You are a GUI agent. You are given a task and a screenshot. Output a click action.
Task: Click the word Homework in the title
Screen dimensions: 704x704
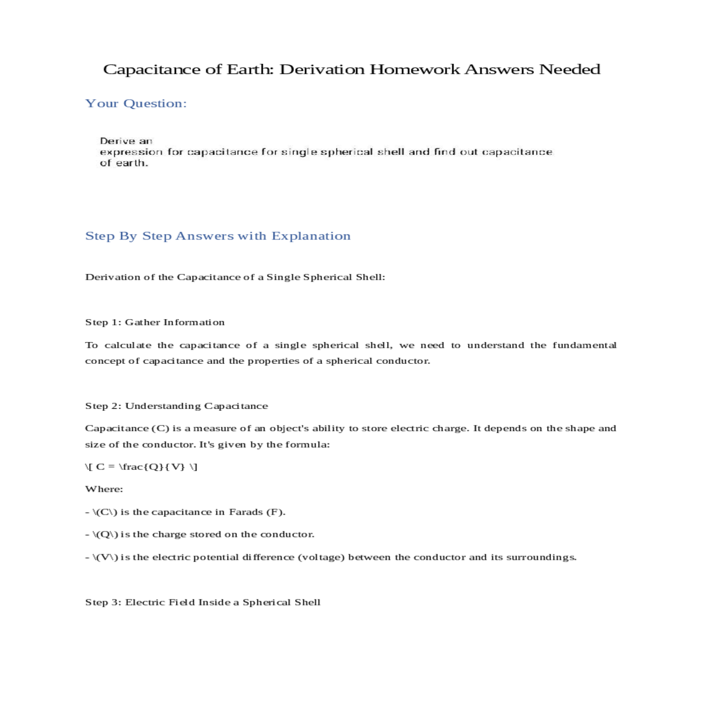[x=414, y=69]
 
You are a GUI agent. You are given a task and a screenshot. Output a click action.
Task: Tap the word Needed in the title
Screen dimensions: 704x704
[x=570, y=69]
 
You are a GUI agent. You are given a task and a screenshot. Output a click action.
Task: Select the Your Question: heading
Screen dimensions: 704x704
[x=136, y=104]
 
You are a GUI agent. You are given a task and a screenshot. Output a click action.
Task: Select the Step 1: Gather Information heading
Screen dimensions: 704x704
[x=155, y=322]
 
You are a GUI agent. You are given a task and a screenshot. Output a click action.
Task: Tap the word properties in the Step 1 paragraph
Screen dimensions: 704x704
[x=273, y=361]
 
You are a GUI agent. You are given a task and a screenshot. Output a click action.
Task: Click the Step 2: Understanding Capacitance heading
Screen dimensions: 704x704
[x=177, y=406]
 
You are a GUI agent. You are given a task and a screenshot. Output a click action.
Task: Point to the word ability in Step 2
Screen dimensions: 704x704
[x=328, y=428]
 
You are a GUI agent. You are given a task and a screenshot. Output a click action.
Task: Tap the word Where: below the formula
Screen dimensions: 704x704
[x=104, y=489]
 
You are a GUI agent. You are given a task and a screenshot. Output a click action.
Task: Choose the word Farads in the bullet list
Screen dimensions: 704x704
[x=246, y=512]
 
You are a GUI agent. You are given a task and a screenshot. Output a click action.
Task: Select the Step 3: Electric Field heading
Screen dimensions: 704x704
[x=203, y=603]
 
